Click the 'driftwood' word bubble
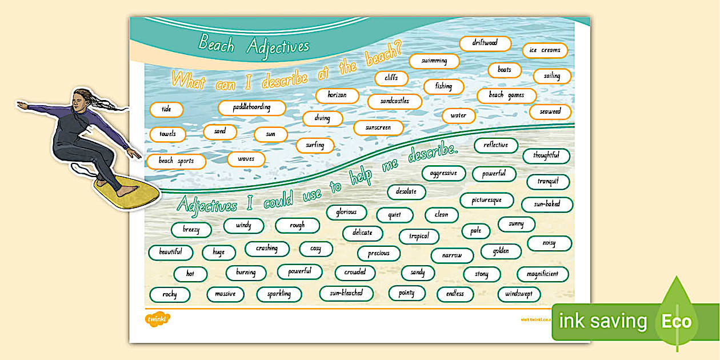point(485,43)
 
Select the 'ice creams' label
point(545,50)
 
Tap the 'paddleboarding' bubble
point(252,107)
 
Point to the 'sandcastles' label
point(394,102)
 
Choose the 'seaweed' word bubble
point(550,112)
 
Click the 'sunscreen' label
point(378,128)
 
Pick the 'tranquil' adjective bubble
point(547,182)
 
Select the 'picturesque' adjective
point(486,201)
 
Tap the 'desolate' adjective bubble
point(406,192)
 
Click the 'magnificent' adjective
point(542,274)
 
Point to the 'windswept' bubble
point(519,294)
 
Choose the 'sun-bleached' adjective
point(346,294)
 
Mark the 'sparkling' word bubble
point(279,294)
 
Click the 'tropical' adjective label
point(419,237)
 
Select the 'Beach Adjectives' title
point(254,45)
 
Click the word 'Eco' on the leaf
point(676,321)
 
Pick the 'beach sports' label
point(176,161)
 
